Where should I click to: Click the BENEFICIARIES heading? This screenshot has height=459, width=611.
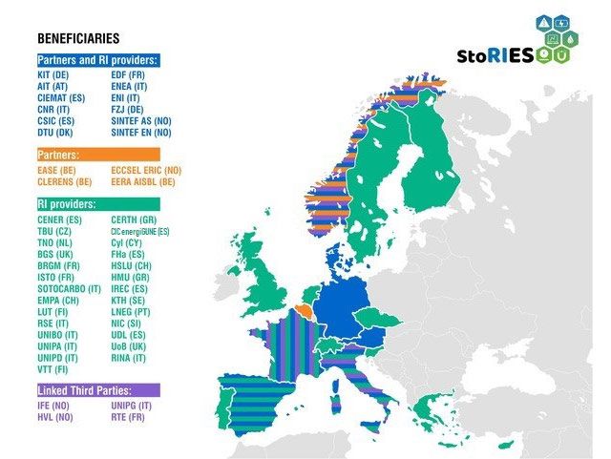[x=78, y=39]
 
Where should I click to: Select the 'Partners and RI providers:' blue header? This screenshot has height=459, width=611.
[x=97, y=60]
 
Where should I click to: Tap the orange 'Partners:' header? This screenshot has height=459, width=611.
[x=59, y=154]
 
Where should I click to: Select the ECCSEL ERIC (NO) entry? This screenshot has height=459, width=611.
[x=146, y=169]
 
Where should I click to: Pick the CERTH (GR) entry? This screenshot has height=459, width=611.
[x=135, y=219]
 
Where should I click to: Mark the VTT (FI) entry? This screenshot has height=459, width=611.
[x=53, y=368]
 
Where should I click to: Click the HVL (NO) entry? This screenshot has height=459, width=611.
[x=54, y=418]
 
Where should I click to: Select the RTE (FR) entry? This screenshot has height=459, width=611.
[x=129, y=418]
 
